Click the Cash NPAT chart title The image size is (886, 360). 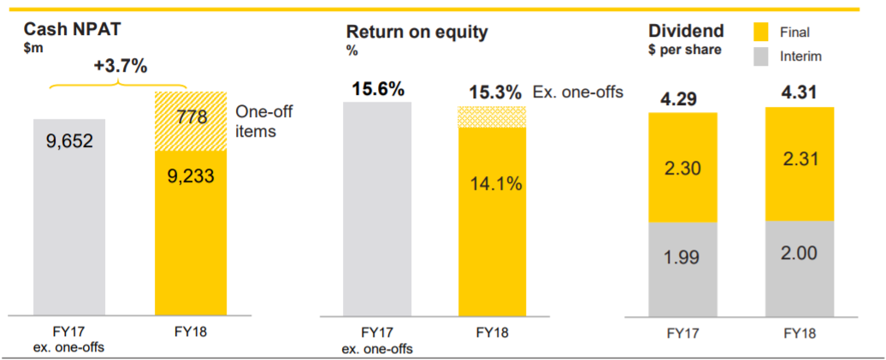click(x=73, y=30)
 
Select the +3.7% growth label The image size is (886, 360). click(x=120, y=66)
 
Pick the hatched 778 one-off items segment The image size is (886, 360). click(x=191, y=121)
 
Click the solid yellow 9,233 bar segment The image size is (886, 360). click(x=191, y=233)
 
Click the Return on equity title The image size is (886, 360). click(x=416, y=32)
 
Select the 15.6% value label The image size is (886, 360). click(x=378, y=89)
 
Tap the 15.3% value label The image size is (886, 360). click(x=496, y=92)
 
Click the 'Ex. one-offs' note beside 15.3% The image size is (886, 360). click(x=578, y=92)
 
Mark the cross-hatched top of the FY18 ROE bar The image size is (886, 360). click(x=492, y=116)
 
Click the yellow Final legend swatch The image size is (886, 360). click(x=765, y=32)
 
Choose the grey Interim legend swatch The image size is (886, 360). click(x=765, y=56)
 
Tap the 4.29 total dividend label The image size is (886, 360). click(x=683, y=99)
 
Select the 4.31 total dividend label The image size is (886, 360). click(x=800, y=92)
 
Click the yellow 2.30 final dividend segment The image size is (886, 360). click(x=683, y=168)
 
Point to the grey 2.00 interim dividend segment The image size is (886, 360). click(x=800, y=269)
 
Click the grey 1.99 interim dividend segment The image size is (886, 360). click(x=683, y=269)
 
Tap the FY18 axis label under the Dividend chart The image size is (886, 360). click(x=800, y=333)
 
